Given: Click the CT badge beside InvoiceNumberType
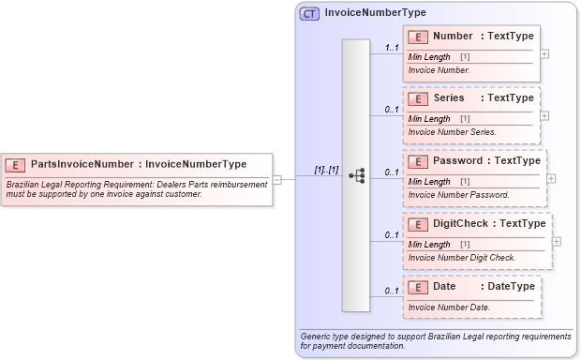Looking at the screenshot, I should [x=310, y=13].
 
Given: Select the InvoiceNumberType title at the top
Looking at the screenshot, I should [x=375, y=13].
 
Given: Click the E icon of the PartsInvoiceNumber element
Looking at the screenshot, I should [x=16, y=164].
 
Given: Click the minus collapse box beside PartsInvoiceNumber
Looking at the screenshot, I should [x=277, y=178].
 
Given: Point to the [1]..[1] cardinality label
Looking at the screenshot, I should [x=326, y=170].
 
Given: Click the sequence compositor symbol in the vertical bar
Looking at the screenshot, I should [x=356, y=175].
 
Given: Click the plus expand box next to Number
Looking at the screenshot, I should [x=545, y=53].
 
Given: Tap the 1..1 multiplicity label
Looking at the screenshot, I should [x=392, y=47].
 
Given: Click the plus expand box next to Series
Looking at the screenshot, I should [x=545, y=115].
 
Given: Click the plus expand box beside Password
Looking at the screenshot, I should [x=551, y=177].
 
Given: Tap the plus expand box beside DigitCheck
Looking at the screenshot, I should [x=557, y=240].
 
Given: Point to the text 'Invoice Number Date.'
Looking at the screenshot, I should [x=449, y=307].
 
